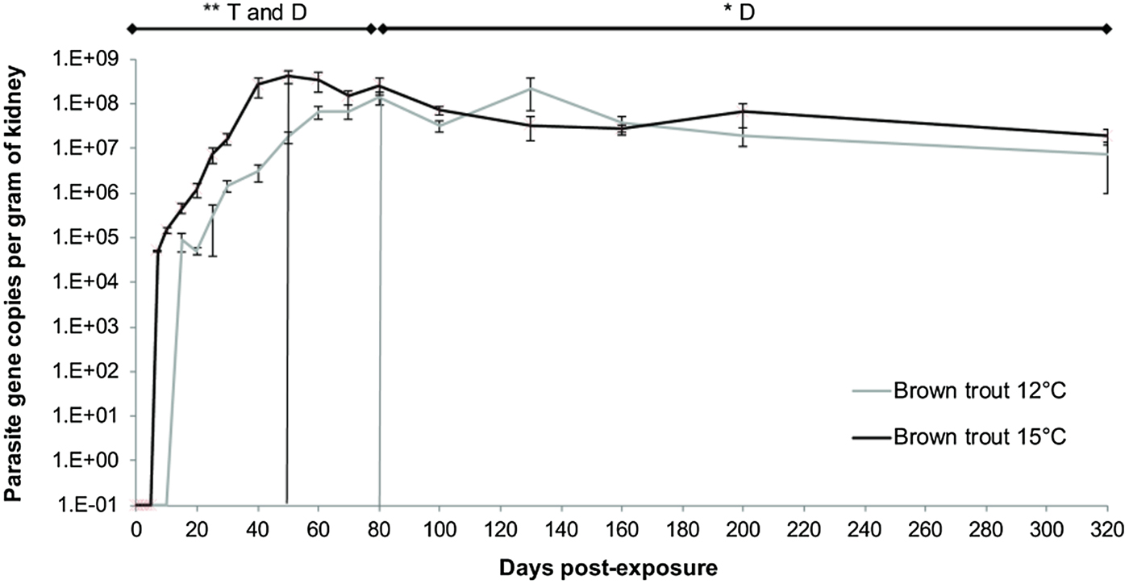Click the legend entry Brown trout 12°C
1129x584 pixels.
point(980,392)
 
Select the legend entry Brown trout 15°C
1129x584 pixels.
point(980,437)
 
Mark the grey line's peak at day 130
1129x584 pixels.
point(531,89)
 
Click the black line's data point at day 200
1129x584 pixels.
point(743,111)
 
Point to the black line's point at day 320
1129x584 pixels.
point(1107,136)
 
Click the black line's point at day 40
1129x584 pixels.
point(258,84)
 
